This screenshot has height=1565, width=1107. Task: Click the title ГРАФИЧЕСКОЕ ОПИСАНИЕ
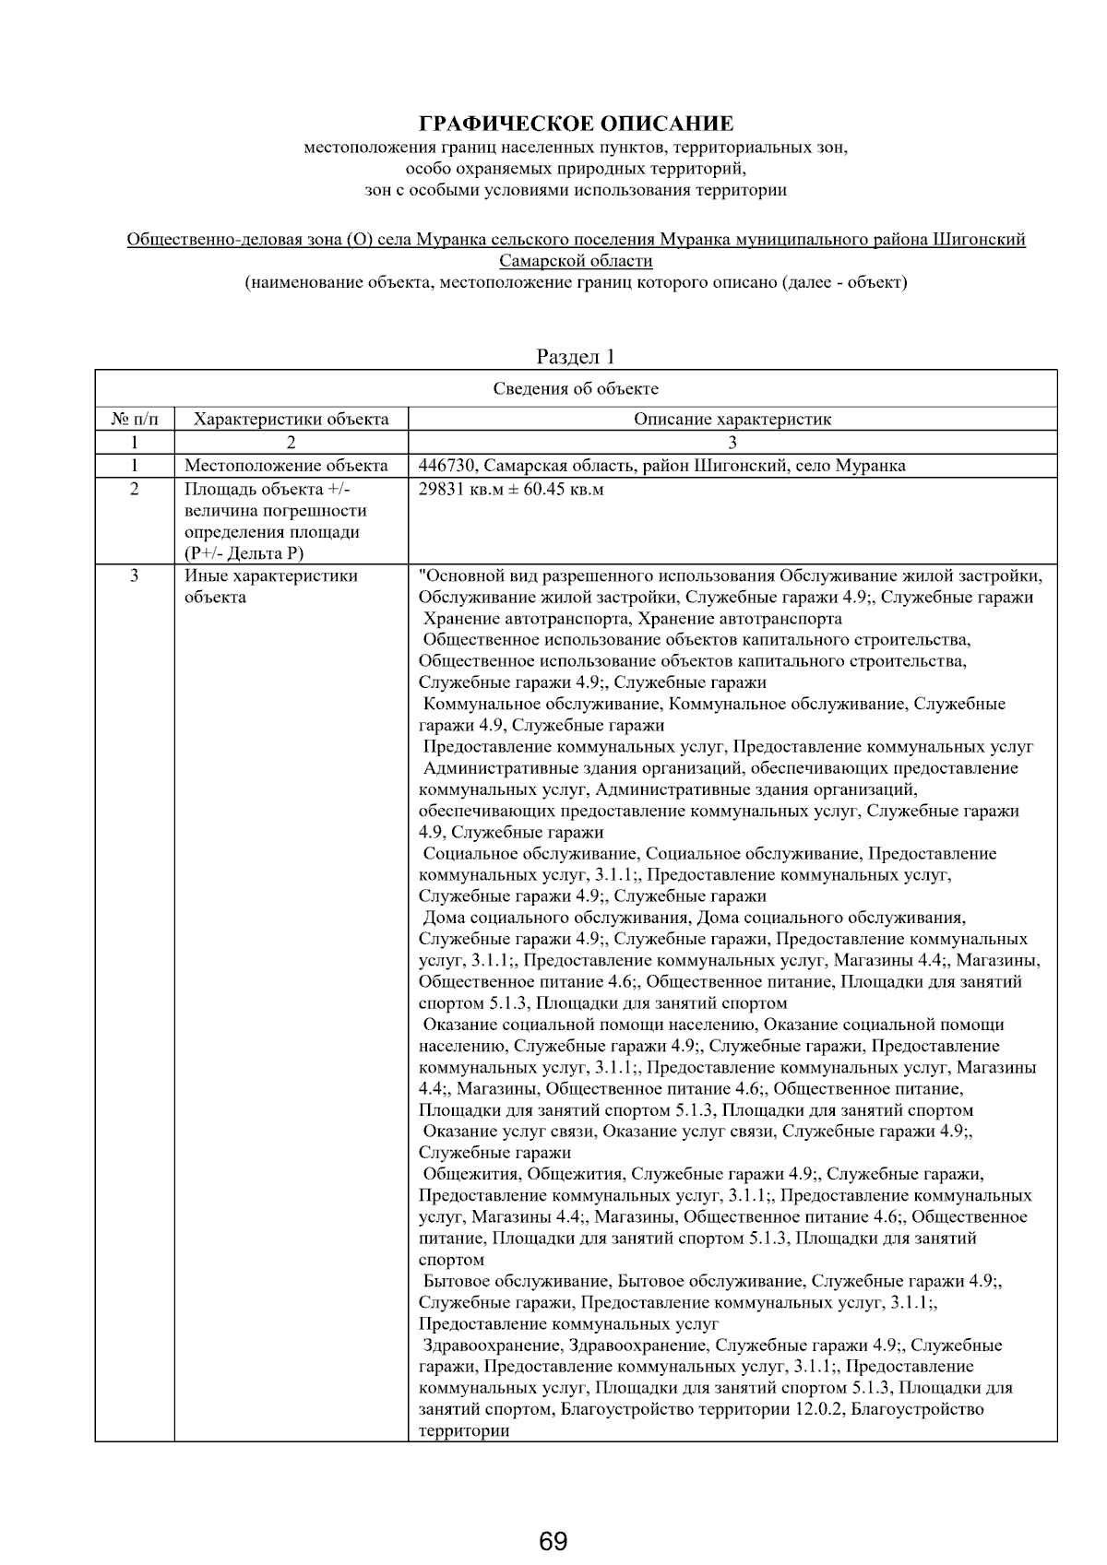(577, 124)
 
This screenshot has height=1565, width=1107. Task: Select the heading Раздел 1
(576, 357)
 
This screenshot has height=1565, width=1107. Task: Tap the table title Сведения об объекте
(576, 388)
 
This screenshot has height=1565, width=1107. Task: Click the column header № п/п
(135, 420)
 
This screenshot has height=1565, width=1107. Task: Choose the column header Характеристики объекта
(291, 420)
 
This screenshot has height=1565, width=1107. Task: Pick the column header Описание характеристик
(732, 420)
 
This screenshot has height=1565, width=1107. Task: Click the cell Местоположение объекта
(286, 466)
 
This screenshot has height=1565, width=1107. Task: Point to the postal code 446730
(446, 466)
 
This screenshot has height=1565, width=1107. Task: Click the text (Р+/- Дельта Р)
(244, 553)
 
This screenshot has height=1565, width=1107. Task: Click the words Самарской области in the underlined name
(576, 261)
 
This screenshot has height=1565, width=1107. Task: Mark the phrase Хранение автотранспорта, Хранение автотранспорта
(632, 619)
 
